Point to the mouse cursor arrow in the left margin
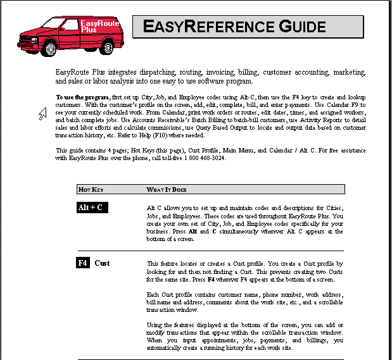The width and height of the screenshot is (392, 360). click(42, 113)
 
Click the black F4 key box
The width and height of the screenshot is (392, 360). click(83, 263)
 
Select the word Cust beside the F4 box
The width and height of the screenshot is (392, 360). click(103, 263)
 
